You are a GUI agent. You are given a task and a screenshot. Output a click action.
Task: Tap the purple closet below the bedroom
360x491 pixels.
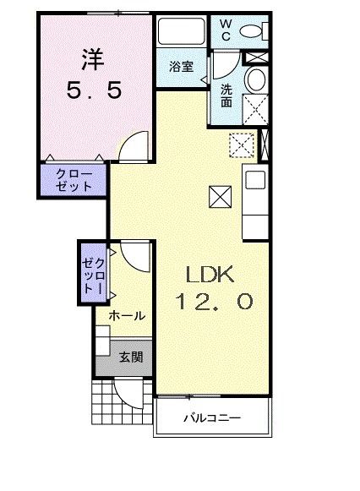(x=74, y=180)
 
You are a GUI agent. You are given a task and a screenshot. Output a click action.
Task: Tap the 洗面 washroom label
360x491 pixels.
(x=226, y=95)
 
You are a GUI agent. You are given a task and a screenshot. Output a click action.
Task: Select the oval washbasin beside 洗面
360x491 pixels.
(x=254, y=79)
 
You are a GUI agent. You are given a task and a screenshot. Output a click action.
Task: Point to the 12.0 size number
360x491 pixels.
(x=215, y=302)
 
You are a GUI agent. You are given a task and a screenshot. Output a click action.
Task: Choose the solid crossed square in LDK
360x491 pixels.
(x=219, y=198)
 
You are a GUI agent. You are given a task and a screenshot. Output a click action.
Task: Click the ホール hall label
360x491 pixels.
(x=127, y=315)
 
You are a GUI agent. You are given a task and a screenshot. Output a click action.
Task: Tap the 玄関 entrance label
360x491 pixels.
(x=129, y=357)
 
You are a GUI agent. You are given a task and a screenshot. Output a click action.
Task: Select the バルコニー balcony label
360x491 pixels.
(x=214, y=418)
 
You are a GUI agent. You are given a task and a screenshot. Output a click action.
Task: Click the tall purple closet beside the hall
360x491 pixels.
(x=93, y=270)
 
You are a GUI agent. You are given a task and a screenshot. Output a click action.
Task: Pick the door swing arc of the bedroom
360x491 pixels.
(x=133, y=147)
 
